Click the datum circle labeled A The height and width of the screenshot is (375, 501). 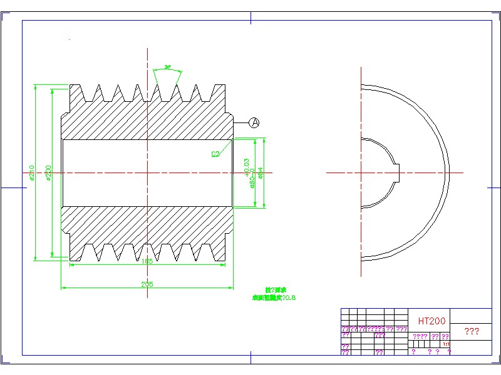[254, 122]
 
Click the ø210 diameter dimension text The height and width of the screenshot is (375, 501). [31, 172]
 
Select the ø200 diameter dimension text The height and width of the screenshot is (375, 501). [48, 172]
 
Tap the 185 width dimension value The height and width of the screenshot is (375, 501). [147, 261]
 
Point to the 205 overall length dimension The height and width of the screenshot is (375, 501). [147, 284]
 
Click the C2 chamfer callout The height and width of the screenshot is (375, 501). [215, 153]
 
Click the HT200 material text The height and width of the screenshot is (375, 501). [431, 321]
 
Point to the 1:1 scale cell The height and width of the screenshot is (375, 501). [446, 344]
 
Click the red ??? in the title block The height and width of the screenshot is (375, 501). [471, 331]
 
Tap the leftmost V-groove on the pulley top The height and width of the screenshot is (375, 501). [98, 92]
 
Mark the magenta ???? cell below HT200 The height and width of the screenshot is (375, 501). [420, 336]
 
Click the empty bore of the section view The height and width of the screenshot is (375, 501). [147, 172]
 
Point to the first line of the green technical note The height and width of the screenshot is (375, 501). [275, 291]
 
